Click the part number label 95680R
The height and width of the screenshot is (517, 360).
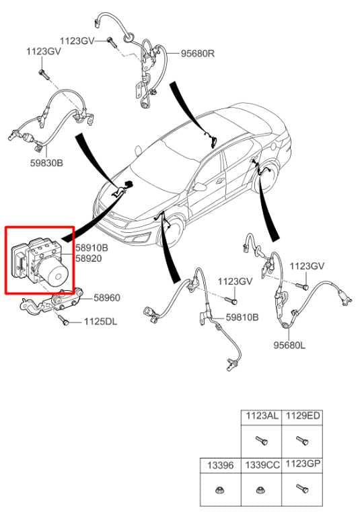[x=197, y=53]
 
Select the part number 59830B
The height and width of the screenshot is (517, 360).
[x=46, y=163]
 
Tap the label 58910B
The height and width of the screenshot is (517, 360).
[x=92, y=248]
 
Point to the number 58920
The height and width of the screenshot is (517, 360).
[x=89, y=258]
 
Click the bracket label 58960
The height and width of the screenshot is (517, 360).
[x=107, y=298]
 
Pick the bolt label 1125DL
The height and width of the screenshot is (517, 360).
[x=100, y=322]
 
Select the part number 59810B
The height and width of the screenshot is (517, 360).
[x=242, y=317]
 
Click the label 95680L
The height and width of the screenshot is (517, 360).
[x=289, y=345]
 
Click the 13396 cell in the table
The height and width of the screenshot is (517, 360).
[x=220, y=466]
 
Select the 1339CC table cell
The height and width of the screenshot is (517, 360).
[x=262, y=466]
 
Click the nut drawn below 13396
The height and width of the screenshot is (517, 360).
[x=219, y=490]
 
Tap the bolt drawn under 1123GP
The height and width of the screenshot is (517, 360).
[x=302, y=488]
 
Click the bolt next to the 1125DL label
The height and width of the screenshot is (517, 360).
[x=63, y=320]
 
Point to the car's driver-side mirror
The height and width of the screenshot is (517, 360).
[x=200, y=187]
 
